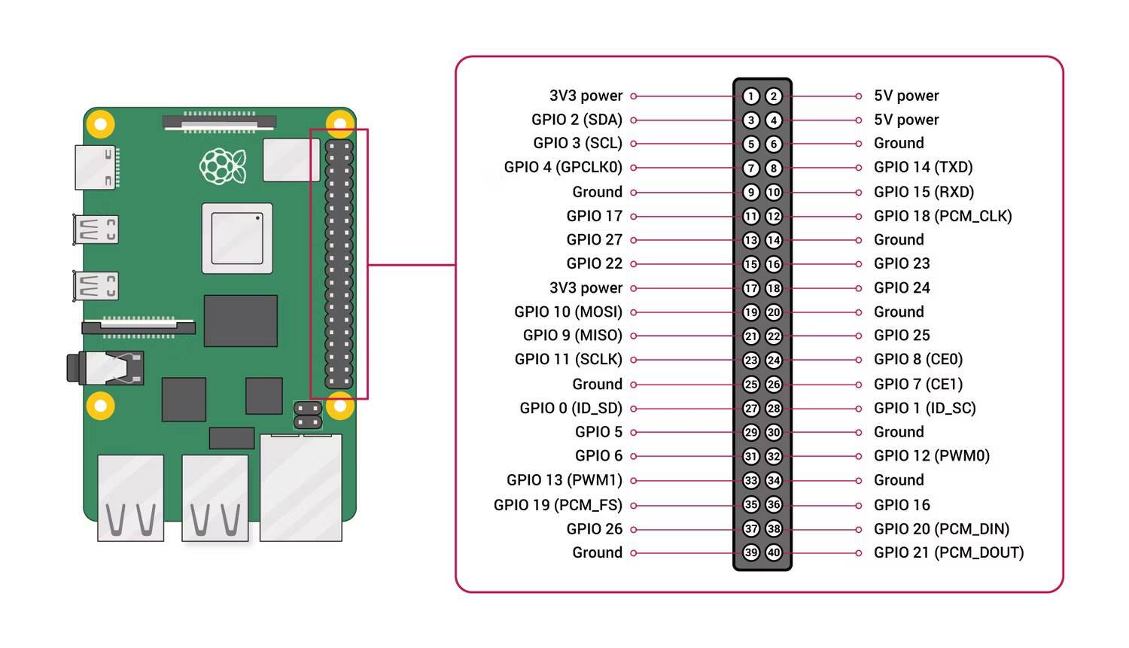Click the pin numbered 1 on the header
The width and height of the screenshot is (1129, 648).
[x=750, y=96]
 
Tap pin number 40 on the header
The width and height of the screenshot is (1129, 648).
[x=774, y=552]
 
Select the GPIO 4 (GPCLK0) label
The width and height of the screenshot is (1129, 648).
[x=563, y=167]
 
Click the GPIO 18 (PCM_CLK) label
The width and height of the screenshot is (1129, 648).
[x=942, y=216]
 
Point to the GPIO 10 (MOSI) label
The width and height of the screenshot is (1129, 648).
[x=568, y=312]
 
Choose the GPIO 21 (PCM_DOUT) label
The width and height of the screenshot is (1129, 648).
[x=948, y=552]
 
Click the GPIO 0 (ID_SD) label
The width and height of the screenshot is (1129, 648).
[x=571, y=408]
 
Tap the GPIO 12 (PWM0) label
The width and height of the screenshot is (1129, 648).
[x=931, y=455]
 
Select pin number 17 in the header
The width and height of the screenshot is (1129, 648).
[x=750, y=288]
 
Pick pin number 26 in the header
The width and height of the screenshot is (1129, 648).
[x=774, y=384]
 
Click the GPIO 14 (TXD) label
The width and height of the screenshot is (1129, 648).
[x=923, y=167]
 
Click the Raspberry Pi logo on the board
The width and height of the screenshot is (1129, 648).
[x=223, y=166]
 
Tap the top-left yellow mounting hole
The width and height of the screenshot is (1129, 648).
[x=100, y=123]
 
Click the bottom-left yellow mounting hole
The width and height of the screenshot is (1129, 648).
[x=100, y=406]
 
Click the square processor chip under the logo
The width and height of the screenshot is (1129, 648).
[x=237, y=238]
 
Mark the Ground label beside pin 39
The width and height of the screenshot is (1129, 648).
[x=597, y=552]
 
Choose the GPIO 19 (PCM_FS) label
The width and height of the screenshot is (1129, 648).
[x=558, y=504]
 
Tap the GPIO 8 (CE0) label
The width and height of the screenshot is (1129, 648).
[x=918, y=359]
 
